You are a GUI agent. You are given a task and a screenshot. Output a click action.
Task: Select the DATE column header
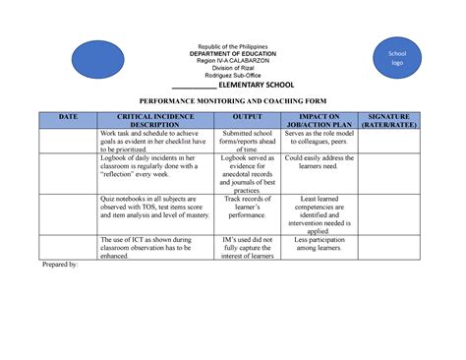[x=66, y=116]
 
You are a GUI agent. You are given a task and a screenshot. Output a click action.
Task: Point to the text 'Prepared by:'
[x=58, y=266]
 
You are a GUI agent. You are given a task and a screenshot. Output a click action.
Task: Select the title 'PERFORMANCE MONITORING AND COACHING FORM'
[x=233, y=101]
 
